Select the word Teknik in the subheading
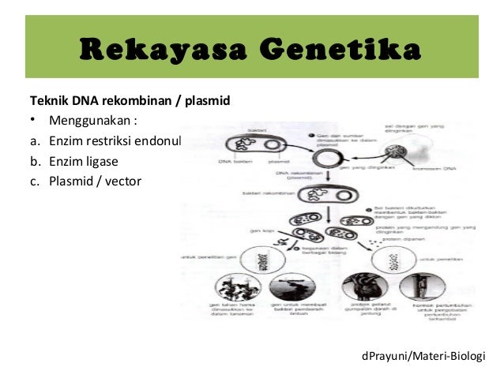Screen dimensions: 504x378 pos(49,102)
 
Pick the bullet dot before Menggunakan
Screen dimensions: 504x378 pos(33,122)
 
